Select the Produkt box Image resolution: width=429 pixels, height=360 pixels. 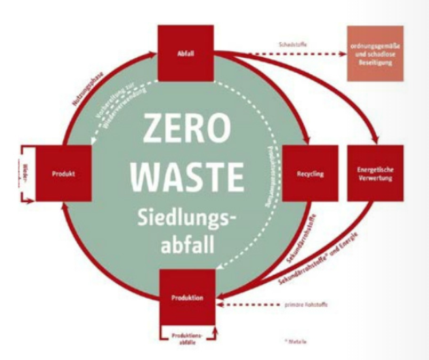[x=63, y=174]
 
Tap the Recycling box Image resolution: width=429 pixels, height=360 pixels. [x=310, y=174]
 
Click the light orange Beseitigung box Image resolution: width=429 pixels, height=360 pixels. [x=375, y=53]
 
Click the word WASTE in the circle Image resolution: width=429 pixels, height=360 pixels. [x=186, y=175]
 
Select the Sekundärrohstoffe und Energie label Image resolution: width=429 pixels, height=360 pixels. [x=320, y=260]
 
